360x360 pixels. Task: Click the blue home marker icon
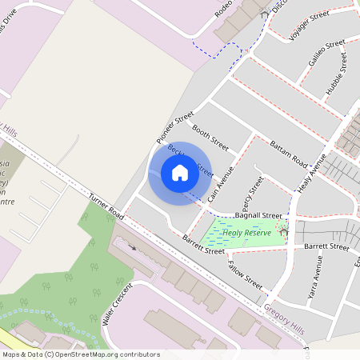click(x=180, y=172)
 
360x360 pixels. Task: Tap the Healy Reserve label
click(x=247, y=233)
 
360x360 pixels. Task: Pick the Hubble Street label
click(x=336, y=75)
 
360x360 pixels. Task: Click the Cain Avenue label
click(x=219, y=184)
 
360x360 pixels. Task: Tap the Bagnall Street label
click(x=258, y=215)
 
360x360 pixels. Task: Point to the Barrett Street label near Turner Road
click(x=203, y=245)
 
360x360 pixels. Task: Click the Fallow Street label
click(x=245, y=274)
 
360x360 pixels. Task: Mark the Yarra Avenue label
click(x=314, y=284)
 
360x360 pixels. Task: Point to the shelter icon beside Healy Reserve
click(x=283, y=231)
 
